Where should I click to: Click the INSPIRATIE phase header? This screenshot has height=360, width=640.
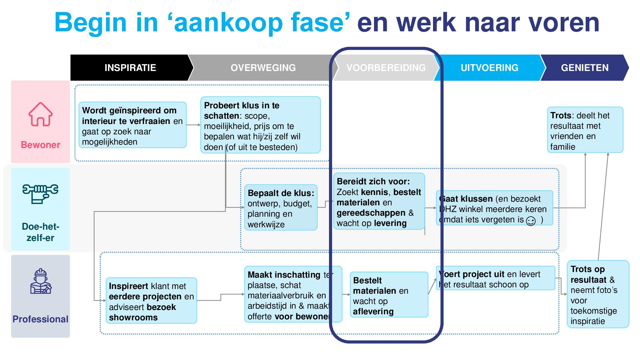[130, 68]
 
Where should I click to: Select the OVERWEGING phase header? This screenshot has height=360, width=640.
[263, 68]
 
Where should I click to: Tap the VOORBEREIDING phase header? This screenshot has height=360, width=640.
[386, 68]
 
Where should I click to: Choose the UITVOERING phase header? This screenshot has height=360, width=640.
[489, 68]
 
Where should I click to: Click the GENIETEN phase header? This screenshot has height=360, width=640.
[584, 68]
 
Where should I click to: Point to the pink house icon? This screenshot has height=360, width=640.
[40, 114]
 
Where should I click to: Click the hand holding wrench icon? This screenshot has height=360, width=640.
[40, 193]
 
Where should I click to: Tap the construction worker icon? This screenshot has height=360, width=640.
[40, 281]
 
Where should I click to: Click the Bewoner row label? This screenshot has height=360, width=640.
[40, 145]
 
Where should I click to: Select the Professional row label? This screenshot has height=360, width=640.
[40, 319]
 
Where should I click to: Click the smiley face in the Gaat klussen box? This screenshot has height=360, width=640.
[531, 221]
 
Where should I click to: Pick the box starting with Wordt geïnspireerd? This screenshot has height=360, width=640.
[132, 125]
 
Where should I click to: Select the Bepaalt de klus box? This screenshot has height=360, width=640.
[281, 208]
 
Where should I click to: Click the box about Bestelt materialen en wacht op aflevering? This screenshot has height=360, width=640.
[389, 295]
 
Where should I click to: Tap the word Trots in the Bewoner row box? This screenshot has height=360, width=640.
[561, 115]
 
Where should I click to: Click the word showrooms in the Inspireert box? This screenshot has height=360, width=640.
[133, 317]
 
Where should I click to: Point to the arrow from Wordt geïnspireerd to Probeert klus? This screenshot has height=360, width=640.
[193, 125]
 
